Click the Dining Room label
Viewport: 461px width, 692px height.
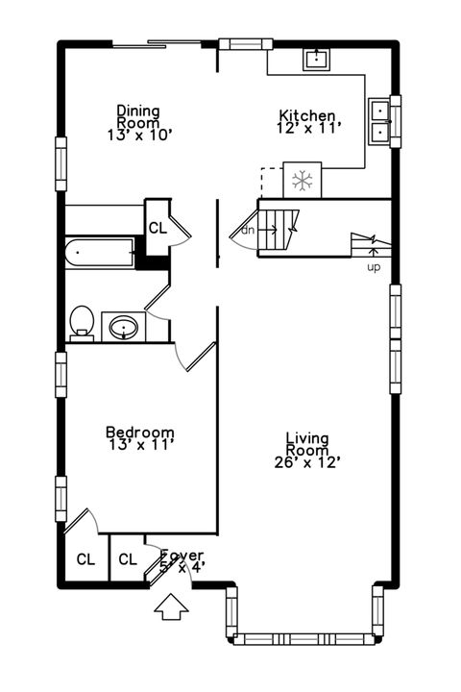point(138,123)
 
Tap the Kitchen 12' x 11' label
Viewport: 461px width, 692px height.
point(307,121)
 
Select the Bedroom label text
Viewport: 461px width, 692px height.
point(139,438)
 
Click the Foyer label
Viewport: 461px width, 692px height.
point(182,560)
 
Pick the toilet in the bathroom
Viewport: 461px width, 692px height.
point(82,323)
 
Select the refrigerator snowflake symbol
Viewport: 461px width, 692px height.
point(303,180)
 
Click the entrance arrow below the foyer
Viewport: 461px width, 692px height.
point(172,607)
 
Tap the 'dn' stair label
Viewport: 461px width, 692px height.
point(247,231)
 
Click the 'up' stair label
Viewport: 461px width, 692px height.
point(373,266)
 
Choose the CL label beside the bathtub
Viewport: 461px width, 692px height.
point(157,228)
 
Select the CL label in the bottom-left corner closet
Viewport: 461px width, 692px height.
point(85,559)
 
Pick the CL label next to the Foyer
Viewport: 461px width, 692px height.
point(127,559)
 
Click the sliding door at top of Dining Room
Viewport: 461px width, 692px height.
point(157,43)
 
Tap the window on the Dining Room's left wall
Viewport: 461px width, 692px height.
point(61,162)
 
